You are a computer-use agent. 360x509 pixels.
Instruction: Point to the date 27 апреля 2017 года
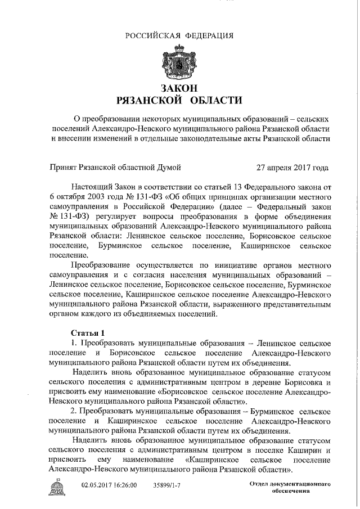292,167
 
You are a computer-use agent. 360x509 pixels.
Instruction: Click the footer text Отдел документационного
290,484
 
